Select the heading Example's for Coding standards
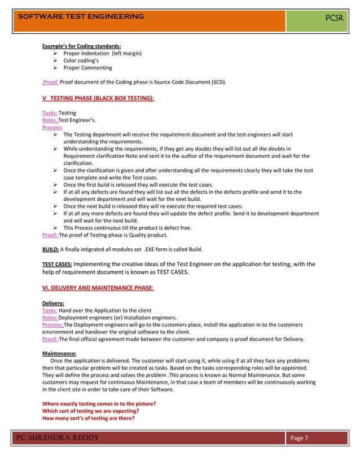82,46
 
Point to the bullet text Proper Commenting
87,68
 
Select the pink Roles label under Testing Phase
50,120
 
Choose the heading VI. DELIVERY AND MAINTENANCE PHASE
98,288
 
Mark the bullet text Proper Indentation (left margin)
102,53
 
